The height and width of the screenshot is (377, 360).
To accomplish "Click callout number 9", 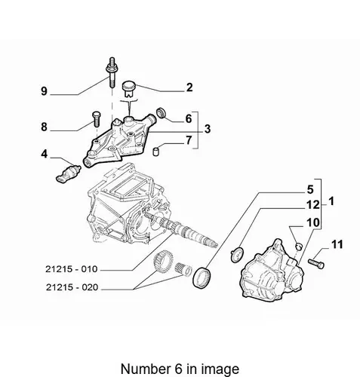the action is pos(44,90).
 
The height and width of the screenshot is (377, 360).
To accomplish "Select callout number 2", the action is pos(189,87).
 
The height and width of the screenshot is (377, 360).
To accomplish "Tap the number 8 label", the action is pos(44,127).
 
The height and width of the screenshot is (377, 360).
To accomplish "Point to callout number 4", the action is pos(45,154).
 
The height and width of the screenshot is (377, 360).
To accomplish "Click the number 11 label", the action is pos(337,244).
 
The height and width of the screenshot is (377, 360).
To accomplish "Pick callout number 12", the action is pos(313,205).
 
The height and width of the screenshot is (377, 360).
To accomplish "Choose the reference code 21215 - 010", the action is pos(72,269).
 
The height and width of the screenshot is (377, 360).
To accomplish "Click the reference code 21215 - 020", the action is pos(72,287).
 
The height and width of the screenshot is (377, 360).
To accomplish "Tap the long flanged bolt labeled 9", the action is pos(112,72).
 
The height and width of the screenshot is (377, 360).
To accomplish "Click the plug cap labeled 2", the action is pos(129,89).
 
